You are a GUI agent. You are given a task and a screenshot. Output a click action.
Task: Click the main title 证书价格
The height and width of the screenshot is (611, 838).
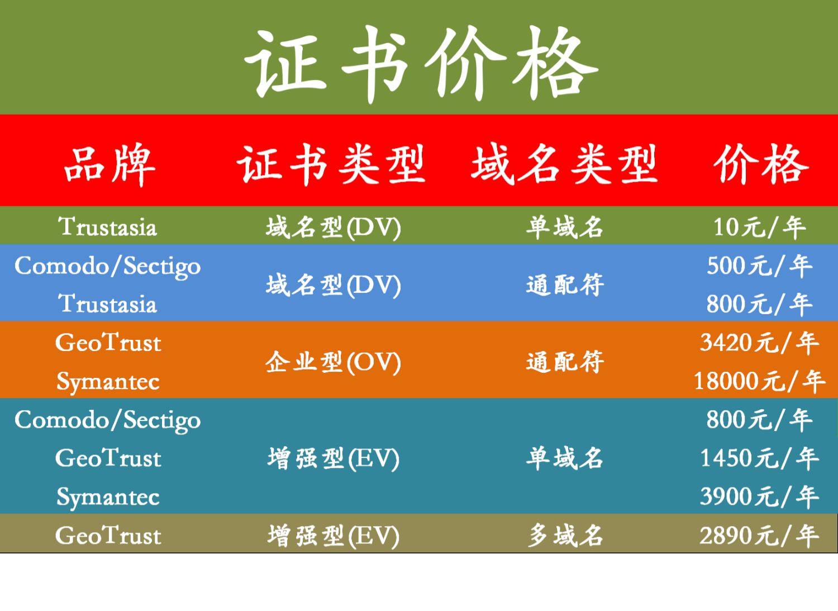[421, 64]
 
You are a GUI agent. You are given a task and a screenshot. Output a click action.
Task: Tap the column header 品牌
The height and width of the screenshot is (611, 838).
[109, 164]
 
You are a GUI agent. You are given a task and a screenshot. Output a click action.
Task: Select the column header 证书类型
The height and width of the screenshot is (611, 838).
[331, 164]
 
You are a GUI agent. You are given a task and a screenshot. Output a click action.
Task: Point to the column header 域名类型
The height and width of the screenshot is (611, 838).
[564, 164]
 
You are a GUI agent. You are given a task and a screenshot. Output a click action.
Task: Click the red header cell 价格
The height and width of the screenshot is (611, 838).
[761, 164]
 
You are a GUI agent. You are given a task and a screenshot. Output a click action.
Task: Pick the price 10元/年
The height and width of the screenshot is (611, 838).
[759, 228]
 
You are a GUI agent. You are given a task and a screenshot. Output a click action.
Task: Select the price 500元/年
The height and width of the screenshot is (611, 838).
[759, 266]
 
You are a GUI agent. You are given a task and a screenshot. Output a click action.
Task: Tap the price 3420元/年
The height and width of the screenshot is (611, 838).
[759, 343]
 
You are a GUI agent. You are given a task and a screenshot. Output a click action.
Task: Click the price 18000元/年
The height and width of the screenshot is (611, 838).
[759, 381]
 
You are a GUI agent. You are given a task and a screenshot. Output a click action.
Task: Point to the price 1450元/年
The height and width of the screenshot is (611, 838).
[759, 458]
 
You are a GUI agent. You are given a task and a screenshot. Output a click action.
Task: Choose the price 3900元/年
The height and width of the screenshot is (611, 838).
[759, 497]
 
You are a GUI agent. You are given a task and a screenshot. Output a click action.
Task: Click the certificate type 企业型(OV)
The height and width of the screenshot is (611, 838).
[333, 362]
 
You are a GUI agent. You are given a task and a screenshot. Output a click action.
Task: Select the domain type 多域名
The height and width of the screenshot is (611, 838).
[565, 536]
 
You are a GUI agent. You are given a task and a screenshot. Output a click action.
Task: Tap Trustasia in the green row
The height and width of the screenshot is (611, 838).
[108, 228]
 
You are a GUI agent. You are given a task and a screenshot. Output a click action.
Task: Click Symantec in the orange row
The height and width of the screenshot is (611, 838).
[108, 382]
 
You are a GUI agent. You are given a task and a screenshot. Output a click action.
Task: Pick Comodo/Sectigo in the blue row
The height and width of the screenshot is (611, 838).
[108, 267]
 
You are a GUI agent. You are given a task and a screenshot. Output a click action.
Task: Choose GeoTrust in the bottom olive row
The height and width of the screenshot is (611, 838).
[108, 536]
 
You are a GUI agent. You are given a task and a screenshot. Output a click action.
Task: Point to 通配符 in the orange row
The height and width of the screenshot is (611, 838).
[565, 362]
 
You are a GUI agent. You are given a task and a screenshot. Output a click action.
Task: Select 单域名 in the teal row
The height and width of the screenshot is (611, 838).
[565, 458]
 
